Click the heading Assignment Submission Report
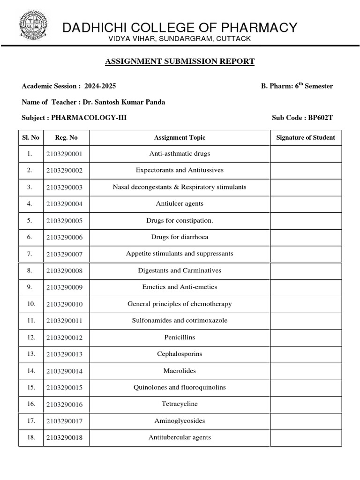click(x=180, y=61)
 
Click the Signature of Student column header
click(x=306, y=137)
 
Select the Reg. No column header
click(x=66, y=137)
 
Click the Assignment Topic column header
click(x=180, y=137)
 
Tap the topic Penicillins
click(x=180, y=337)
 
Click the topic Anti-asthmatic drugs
click(x=180, y=154)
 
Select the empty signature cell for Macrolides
click(x=306, y=371)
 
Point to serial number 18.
click(x=31, y=437)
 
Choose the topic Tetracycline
click(x=180, y=404)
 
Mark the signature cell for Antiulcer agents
click(x=306, y=204)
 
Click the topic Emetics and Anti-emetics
click(x=180, y=287)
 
